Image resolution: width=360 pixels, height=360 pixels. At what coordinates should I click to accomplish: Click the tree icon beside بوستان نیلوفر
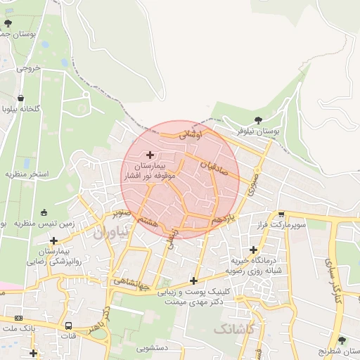pyautogui.click(x=258, y=120)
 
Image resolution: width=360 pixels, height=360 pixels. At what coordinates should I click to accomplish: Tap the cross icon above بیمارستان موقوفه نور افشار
pyautogui.click(x=150, y=154)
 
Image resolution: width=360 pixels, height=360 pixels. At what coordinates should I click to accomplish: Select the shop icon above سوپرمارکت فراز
pyautogui.click(x=281, y=214)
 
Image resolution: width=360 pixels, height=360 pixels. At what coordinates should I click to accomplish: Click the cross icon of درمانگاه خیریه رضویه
pyautogui.click(x=253, y=250)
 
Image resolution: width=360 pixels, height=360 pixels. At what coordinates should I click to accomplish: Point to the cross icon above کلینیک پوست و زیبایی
pyautogui.click(x=193, y=281)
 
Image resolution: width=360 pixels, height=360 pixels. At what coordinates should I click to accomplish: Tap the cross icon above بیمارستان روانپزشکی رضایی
pyautogui.click(x=53, y=240)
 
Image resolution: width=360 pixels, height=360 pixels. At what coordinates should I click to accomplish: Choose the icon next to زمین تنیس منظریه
pyautogui.click(x=44, y=213)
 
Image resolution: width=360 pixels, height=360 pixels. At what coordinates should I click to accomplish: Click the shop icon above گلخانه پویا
pyautogui.click(x=21, y=98)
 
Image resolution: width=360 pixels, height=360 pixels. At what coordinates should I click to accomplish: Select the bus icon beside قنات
pyautogui.click(x=68, y=326)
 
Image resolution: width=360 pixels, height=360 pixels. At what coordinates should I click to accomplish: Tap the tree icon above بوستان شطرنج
pyautogui.click(x=342, y=340)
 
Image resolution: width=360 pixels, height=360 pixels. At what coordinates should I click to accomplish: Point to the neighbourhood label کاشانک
pyautogui.click(x=234, y=328)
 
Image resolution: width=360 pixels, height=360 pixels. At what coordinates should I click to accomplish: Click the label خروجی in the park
pyautogui.click(x=30, y=68)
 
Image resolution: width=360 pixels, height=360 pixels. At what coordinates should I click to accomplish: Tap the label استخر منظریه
pyautogui.click(x=26, y=173)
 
